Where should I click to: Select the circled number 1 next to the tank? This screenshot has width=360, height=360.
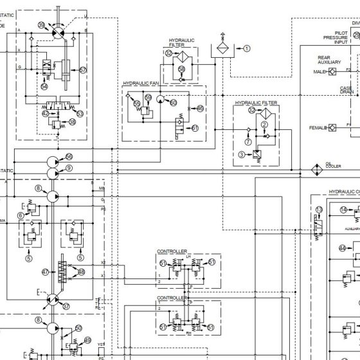247,48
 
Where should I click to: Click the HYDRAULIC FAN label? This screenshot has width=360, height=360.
141,83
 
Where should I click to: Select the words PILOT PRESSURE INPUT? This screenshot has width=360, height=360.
335,39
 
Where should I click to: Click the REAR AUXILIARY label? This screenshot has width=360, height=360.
328,60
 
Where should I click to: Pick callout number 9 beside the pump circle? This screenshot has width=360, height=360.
69,167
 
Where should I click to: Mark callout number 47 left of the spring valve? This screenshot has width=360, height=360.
46,272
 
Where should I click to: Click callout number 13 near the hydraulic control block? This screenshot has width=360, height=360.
319,210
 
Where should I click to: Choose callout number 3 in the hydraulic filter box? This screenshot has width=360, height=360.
241,154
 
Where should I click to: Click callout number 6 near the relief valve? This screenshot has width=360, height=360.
21,215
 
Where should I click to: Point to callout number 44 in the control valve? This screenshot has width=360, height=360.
342,248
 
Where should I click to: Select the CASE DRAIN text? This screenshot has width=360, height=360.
346,90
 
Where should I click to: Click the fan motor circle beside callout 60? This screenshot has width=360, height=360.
161,101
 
